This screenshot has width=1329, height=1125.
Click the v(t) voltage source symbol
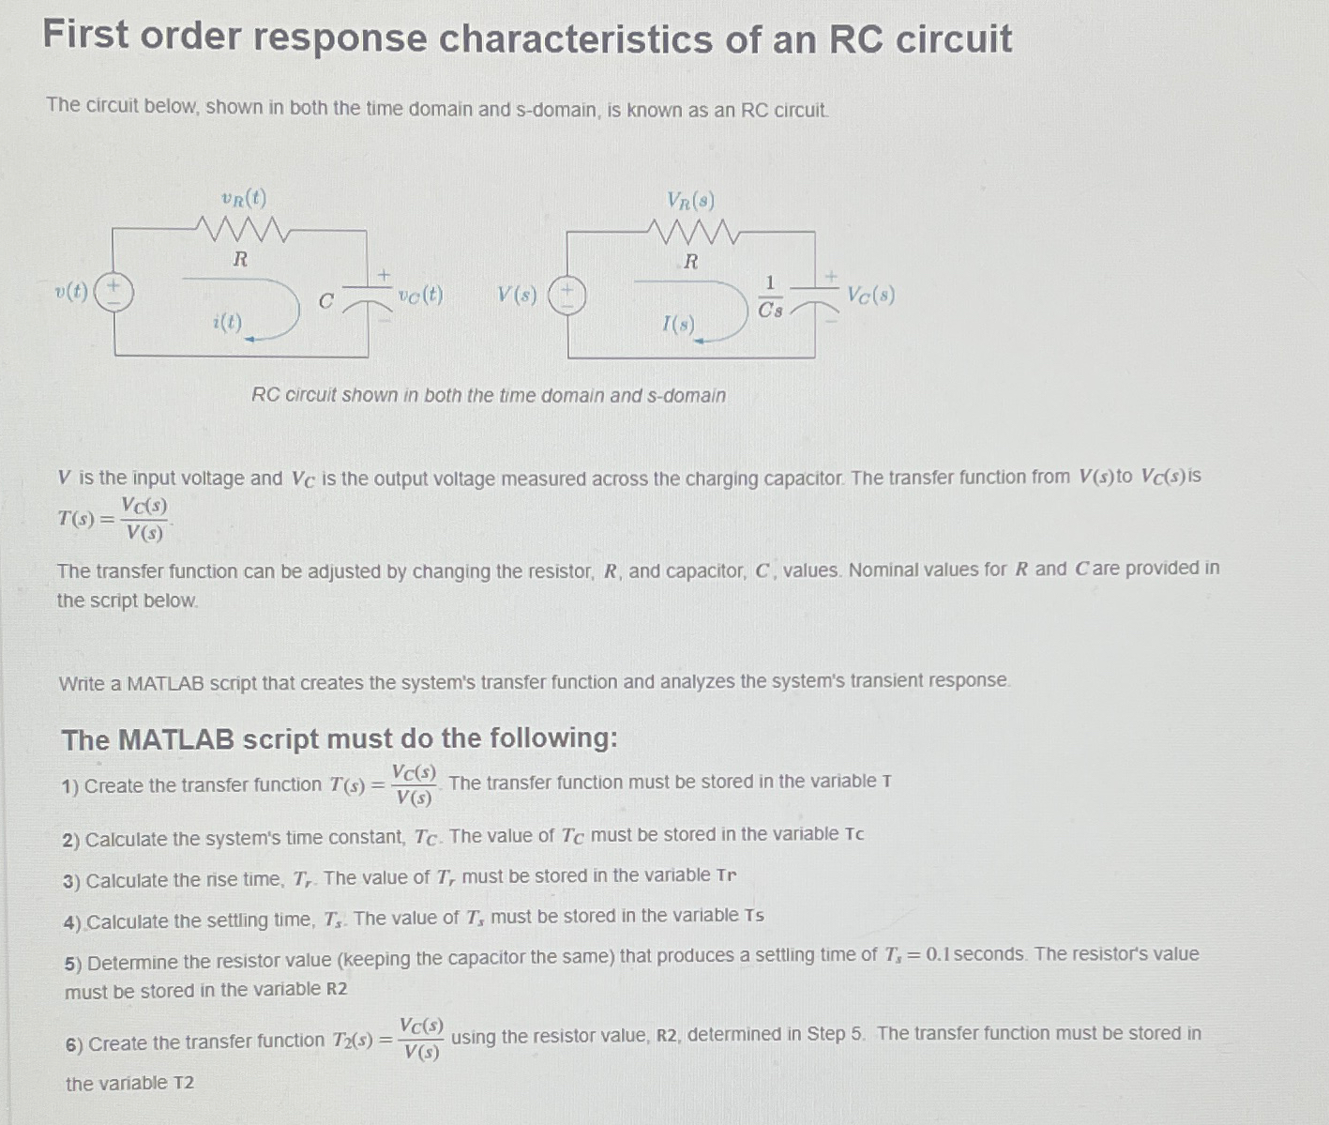[x=113, y=292]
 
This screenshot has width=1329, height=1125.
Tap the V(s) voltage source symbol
[x=567, y=295]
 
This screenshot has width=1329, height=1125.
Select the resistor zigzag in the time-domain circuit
[x=241, y=228]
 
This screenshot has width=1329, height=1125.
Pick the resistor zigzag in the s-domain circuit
[x=693, y=231]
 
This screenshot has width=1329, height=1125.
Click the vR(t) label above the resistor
[x=244, y=198]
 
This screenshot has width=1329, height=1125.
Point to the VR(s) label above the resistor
[x=691, y=200]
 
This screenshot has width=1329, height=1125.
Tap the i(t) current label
[x=227, y=323]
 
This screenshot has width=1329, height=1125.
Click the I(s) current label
[x=678, y=325]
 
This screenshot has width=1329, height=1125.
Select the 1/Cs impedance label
[x=770, y=296]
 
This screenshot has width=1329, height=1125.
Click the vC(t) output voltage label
[x=420, y=296]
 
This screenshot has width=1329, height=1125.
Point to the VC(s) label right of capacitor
[x=870, y=295]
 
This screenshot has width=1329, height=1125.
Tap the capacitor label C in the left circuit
[x=325, y=301]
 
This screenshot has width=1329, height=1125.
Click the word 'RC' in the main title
[x=856, y=39]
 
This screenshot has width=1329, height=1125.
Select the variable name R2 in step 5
[x=337, y=989]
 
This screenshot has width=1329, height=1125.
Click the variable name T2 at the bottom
[x=184, y=1083]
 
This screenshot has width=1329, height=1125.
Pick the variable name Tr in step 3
[x=726, y=875]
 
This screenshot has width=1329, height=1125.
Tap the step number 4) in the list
[x=73, y=921]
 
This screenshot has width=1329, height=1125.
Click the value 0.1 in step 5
[x=942, y=954]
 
